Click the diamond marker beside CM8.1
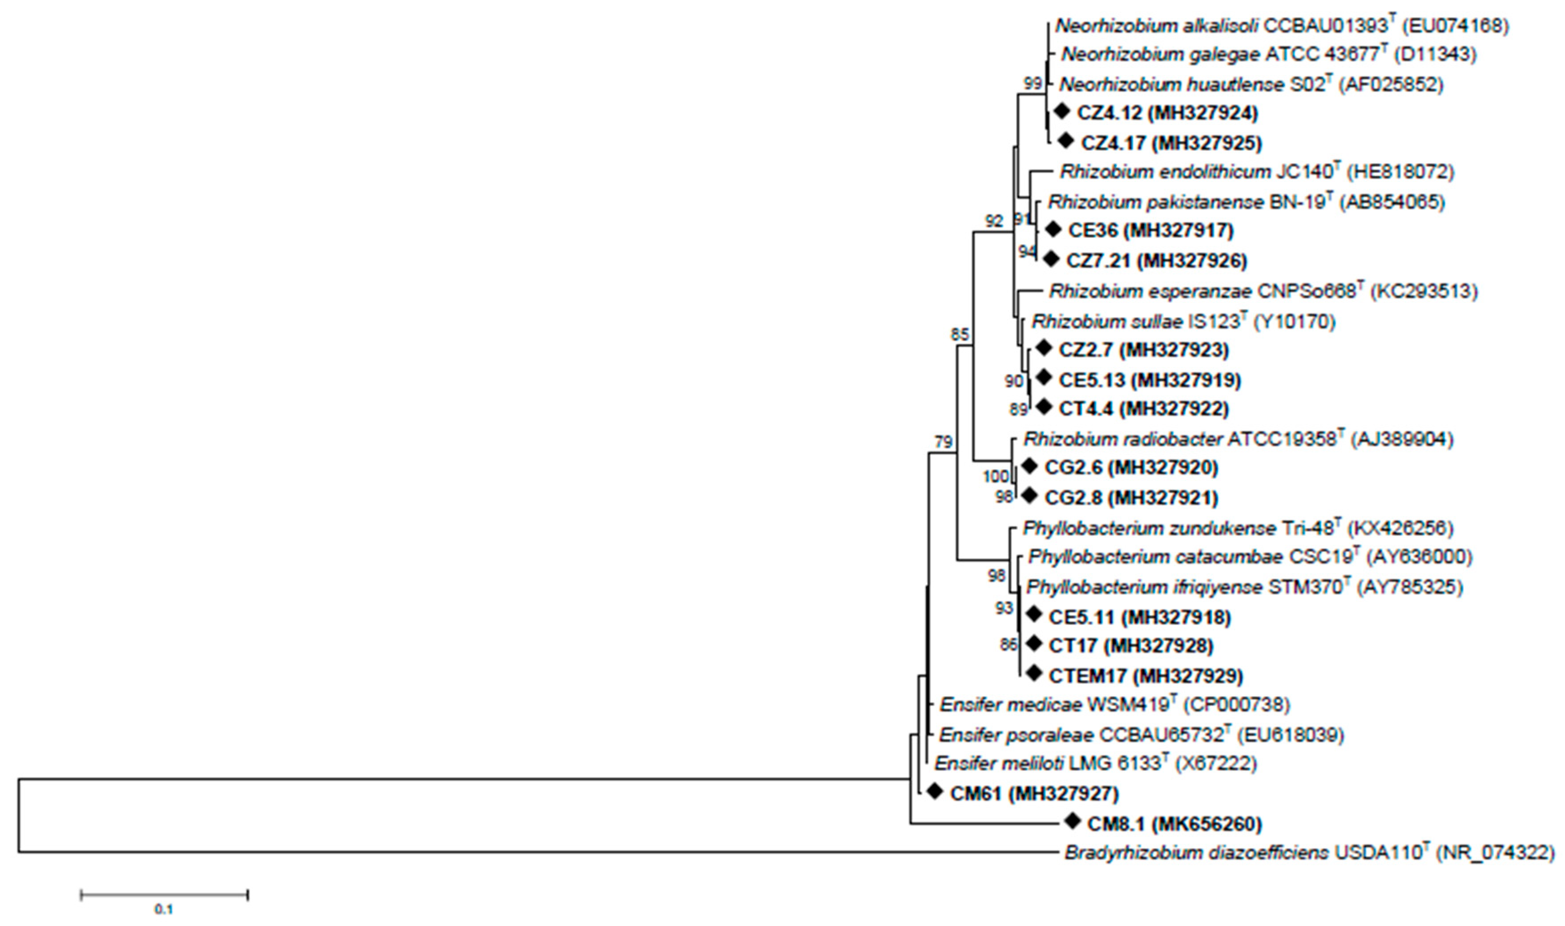(1072, 821)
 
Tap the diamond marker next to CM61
(934, 791)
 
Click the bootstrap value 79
(944, 443)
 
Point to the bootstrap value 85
(960, 335)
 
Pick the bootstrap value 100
(996, 477)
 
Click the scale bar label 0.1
(164, 909)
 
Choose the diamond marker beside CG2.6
(1029, 466)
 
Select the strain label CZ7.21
(1098, 260)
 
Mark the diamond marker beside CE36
(1053, 229)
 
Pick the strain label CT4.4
(1085, 409)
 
